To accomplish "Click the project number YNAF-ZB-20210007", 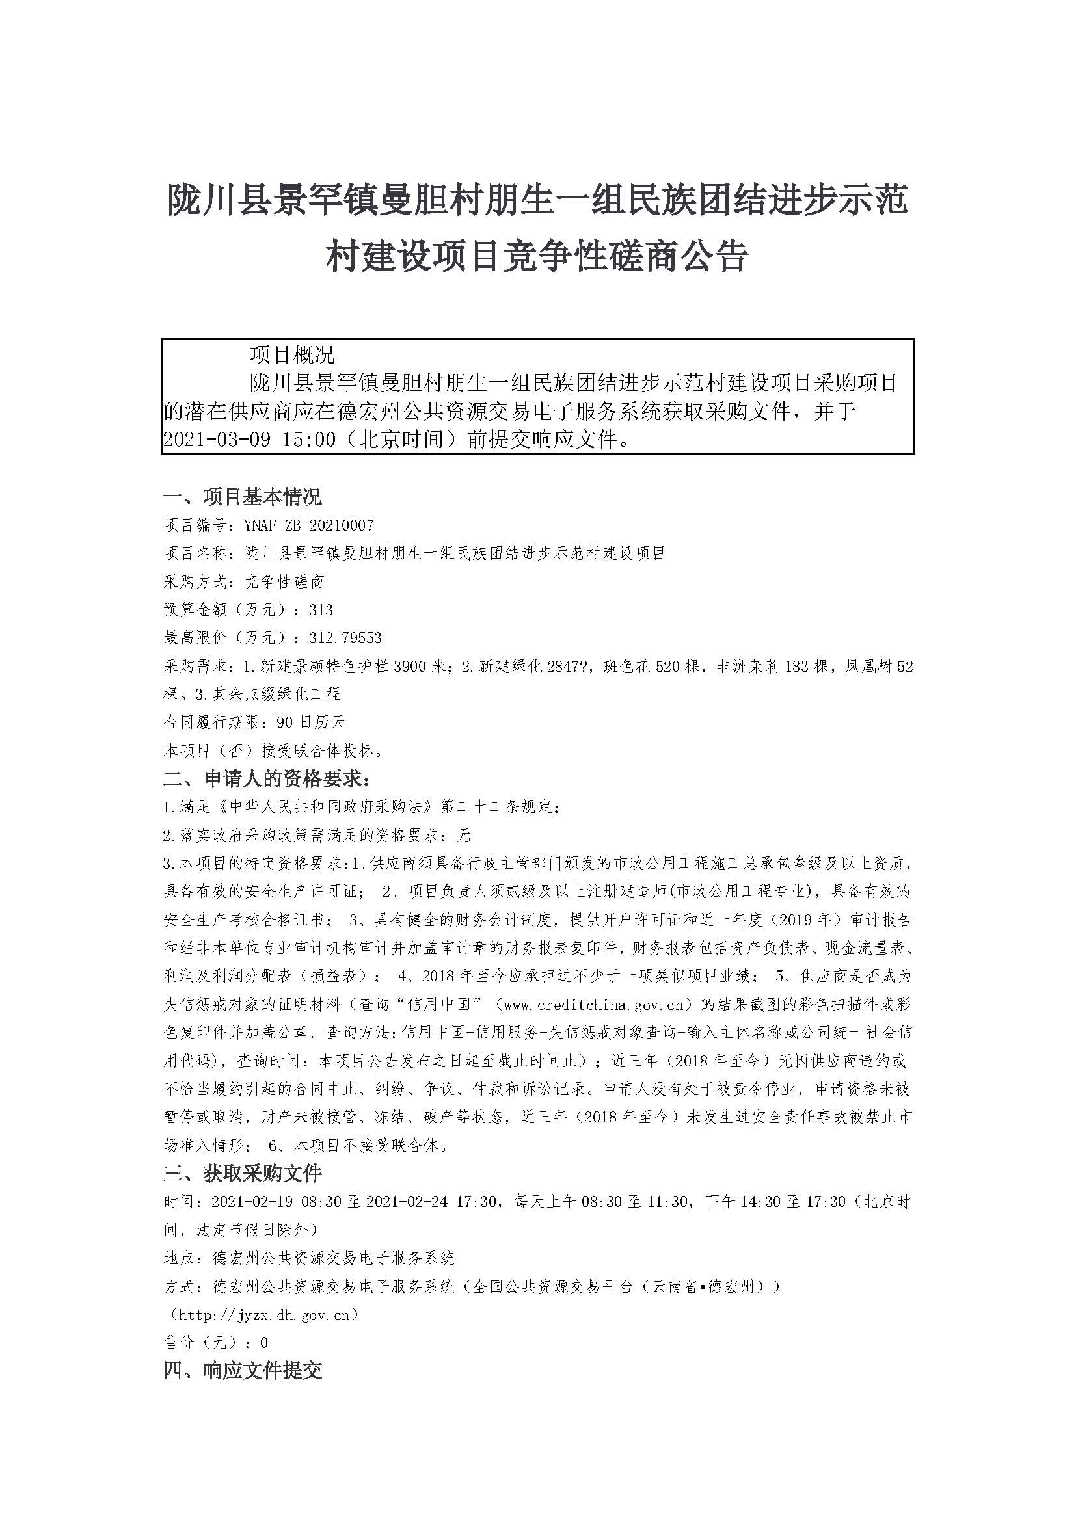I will coord(309,525).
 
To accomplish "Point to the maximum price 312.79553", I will coord(345,638).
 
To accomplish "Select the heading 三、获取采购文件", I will coord(243,1173).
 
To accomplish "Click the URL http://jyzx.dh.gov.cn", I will coord(264,1315).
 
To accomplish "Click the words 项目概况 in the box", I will coord(292,354).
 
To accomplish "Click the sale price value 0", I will coord(264,1343).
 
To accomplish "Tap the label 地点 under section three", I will coord(179,1258).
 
